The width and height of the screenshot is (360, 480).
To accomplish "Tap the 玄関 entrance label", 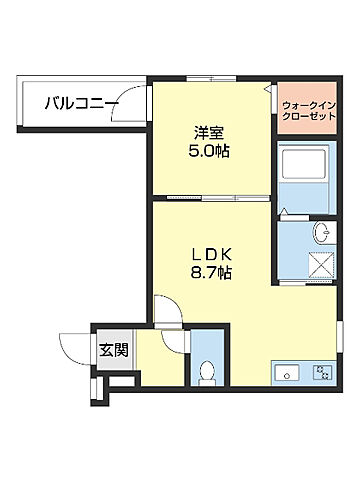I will pyautogui.click(x=112, y=350).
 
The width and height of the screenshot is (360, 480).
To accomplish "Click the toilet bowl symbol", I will pyautogui.click(x=208, y=373).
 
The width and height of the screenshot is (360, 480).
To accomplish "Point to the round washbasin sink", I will pyautogui.click(x=322, y=234).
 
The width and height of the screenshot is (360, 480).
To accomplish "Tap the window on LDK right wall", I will pyautogui.click(x=339, y=335).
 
